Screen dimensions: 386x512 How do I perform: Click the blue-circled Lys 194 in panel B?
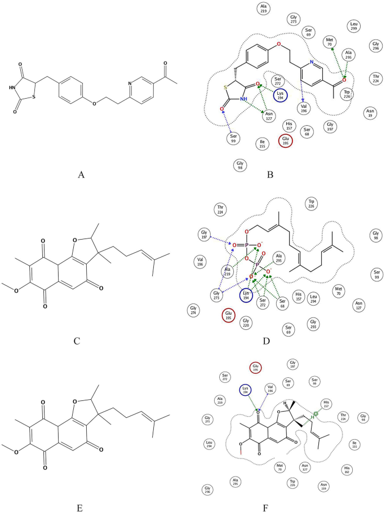[x=280, y=94]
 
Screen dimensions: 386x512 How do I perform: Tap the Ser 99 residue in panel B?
[x=234, y=138]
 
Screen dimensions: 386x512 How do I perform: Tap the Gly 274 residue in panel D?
[x=193, y=310]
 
